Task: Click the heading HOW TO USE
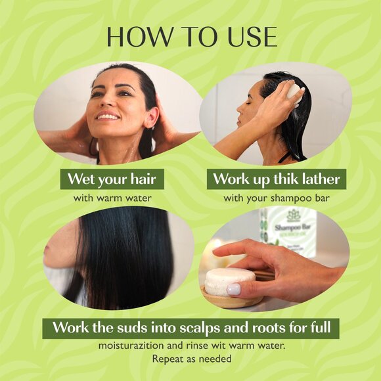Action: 191,37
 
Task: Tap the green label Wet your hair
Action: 112,179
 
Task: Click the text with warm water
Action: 112,197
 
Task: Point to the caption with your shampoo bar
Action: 276,197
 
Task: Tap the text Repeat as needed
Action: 190,359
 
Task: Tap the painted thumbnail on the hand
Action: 234,289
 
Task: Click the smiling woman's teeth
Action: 108,117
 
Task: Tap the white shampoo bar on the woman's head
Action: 293,93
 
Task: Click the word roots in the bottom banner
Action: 259,327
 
